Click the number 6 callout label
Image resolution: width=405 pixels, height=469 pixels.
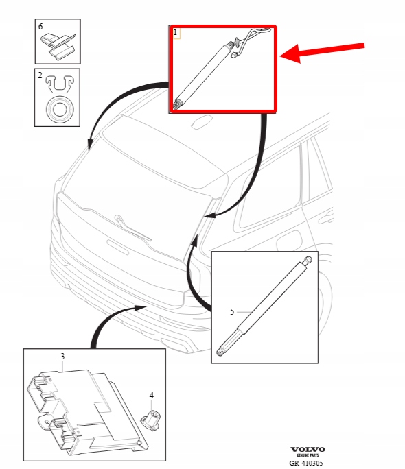[40, 27]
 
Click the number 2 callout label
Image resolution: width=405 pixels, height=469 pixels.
[40, 75]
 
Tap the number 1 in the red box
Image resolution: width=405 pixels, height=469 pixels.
[176, 32]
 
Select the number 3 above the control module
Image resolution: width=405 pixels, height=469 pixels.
[62, 357]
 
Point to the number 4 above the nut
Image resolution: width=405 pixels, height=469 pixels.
[152, 396]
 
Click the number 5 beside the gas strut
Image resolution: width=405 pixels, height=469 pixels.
[232, 312]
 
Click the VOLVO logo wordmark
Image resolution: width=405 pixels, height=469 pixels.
[308, 449]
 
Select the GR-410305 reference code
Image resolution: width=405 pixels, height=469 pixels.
[306, 463]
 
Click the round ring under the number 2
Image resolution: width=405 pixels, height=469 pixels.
[60, 109]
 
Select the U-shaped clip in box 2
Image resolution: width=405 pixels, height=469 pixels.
[60, 84]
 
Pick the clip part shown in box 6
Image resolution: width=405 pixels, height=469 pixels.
[58, 47]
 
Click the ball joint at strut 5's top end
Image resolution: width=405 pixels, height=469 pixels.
[308, 260]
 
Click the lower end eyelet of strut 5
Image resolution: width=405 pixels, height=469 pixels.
[221, 352]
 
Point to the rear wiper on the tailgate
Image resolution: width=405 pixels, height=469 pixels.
[132, 228]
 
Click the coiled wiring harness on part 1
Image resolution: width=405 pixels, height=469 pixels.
[251, 41]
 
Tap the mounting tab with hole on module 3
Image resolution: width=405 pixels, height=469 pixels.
[45, 422]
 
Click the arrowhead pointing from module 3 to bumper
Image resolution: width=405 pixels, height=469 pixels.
[141, 307]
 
